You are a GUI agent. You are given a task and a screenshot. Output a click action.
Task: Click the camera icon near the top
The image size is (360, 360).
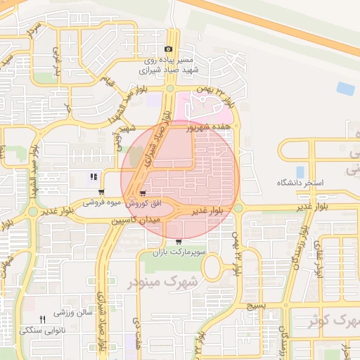coord(168,49)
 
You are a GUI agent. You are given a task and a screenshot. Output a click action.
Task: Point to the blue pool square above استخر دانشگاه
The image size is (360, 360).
coord(300,172)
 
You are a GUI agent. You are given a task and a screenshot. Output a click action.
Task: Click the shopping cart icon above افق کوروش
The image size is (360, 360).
coord(143,193)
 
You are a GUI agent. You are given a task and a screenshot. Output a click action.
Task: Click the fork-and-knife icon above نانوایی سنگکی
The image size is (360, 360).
coord(42,319)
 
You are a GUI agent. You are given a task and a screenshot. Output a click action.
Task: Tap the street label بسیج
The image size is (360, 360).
coord(256,307)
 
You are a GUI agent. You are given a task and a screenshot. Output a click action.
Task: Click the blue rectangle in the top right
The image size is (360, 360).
coord(345,89)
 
